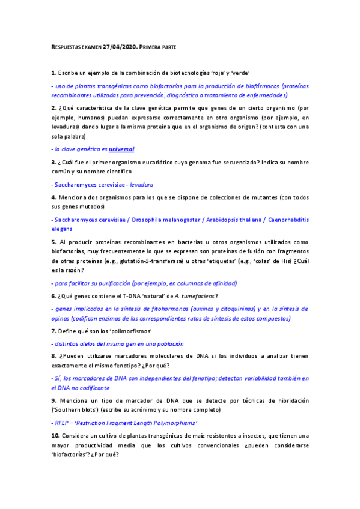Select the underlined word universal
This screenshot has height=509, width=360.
click(x=121, y=149)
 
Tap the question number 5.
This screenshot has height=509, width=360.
click(x=53, y=242)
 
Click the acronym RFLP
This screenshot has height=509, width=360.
click(x=61, y=423)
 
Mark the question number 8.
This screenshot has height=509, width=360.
click(x=53, y=356)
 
